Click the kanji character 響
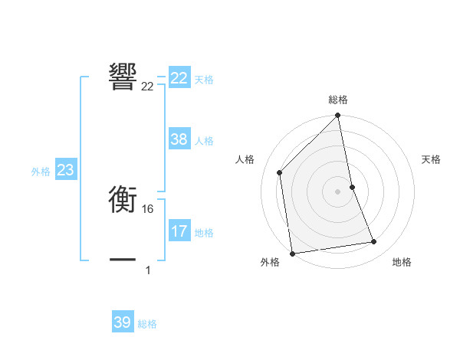[x=123, y=77]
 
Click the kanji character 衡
[x=123, y=201]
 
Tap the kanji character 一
[x=123, y=260]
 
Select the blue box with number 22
[x=179, y=78]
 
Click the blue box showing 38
[x=179, y=139]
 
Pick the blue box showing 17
[x=179, y=231]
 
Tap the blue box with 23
[x=65, y=170]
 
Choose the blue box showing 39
[x=123, y=322]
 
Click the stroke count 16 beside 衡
[x=149, y=209]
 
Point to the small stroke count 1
[x=148, y=270]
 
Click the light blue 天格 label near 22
[x=204, y=80]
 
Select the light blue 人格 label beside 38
[x=204, y=141]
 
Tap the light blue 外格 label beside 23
[x=41, y=172]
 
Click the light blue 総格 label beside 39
[x=148, y=324]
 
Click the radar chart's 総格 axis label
[x=338, y=100]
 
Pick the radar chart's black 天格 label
[x=432, y=159]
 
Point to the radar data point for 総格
[x=338, y=116]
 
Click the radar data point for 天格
[x=353, y=186]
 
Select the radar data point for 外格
[x=292, y=253]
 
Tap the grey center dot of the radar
[x=338, y=191]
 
